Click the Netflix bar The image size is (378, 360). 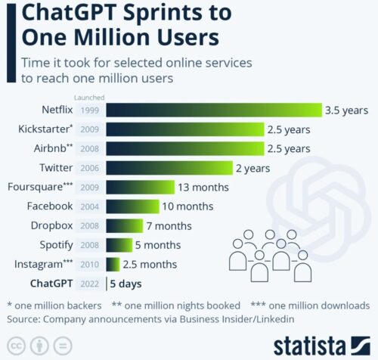click(214, 110)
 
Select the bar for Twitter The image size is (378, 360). click(169, 167)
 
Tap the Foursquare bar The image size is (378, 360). click(141, 187)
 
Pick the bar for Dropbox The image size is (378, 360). click(125, 225)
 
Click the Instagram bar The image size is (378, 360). click(113, 264)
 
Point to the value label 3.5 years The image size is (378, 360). click(346, 110)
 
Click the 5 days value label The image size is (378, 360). click(126, 284)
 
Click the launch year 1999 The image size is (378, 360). click(88, 110)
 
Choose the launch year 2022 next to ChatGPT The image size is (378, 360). click(88, 284)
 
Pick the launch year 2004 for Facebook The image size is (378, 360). click(88, 206)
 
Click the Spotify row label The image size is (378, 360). click(55, 244)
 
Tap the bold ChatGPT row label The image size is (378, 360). click(51, 284)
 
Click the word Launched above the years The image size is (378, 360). click(88, 97)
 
